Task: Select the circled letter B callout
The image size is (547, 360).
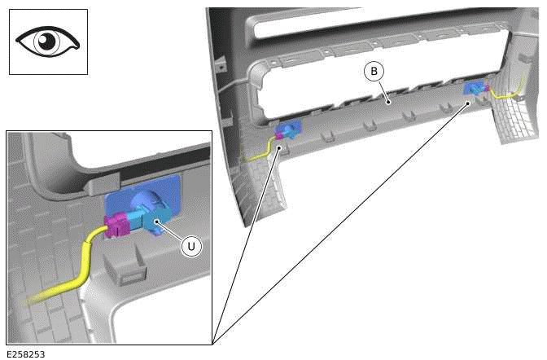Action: tap(374, 72)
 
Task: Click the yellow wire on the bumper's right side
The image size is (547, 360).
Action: tap(510, 94)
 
